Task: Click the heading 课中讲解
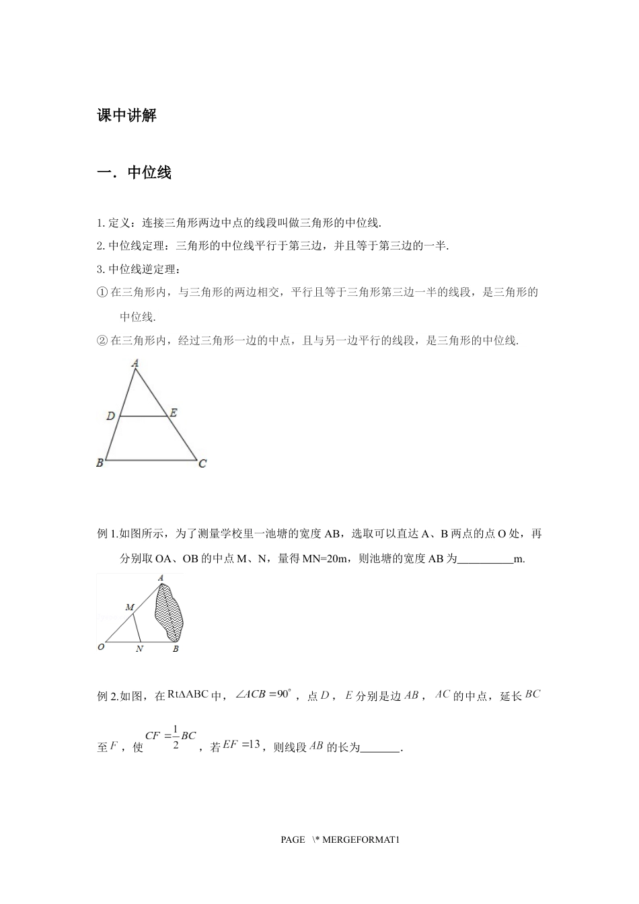126,115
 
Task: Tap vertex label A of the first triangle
135,363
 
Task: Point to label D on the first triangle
111,416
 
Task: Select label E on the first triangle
174,413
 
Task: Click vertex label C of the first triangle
202,463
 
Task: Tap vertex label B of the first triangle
100,463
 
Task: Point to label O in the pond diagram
101,647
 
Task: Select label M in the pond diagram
130,607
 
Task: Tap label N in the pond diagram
140,649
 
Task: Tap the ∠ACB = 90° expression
262,694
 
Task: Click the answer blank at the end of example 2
380,748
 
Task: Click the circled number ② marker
103,341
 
